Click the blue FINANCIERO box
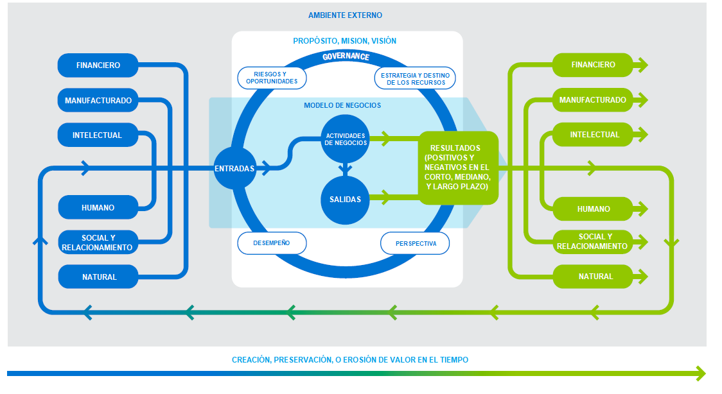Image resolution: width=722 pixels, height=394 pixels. click(x=98, y=65)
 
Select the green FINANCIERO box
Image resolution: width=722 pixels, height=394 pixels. click(x=592, y=65)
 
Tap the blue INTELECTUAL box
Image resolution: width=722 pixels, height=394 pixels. click(x=98, y=135)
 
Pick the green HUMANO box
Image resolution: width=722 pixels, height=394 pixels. click(x=592, y=209)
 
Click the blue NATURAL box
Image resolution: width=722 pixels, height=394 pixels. click(x=98, y=277)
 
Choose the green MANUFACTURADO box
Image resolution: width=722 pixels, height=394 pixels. click(x=592, y=100)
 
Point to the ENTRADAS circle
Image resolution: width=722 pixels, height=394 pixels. click(x=234, y=169)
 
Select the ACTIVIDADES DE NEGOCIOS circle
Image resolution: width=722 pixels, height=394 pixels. click(x=346, y=139)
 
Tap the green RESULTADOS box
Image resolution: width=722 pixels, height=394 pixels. click(x=458, y=168)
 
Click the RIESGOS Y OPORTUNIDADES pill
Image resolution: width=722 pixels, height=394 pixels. click(x=272, y=78)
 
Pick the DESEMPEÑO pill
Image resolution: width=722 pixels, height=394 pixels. click(x=272, y=243)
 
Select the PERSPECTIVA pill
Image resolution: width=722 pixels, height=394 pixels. click(x=415, y=243)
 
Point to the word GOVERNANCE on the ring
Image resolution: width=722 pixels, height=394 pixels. click(x=346, y=56)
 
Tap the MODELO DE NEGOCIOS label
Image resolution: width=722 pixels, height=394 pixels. click(x=342, y=105)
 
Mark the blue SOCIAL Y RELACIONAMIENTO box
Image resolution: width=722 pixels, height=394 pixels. click(x=98, y=242)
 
